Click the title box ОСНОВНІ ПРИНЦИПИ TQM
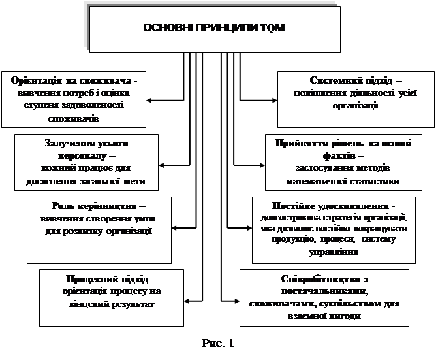click(x=213, y=28)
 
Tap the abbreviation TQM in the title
click(x=275, y=28)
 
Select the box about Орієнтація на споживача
click(x=74, y=99)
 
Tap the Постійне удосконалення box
click(x=333, y=229)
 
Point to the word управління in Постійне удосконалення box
click(x=333, y=252)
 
